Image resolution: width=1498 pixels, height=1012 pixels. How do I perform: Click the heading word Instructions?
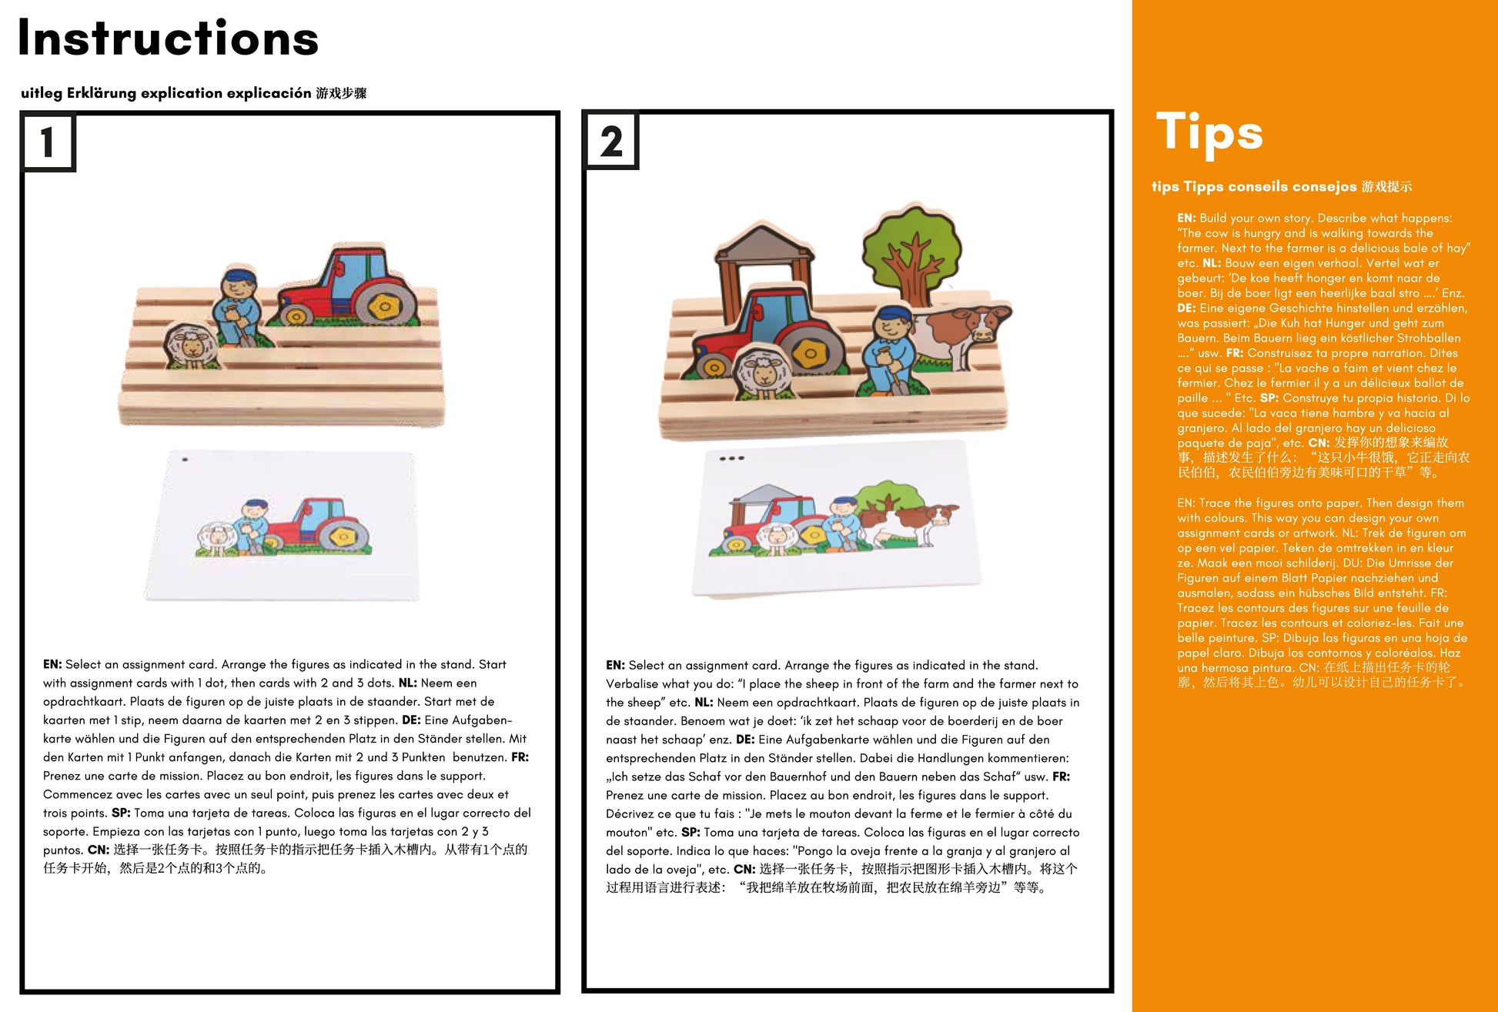tap(168, 38)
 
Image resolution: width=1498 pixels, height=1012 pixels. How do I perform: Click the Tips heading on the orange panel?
tap(1209, 132)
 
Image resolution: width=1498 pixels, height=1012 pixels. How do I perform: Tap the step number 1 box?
tap(48, 142)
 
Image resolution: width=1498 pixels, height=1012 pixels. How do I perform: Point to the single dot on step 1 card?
tap(185, 460)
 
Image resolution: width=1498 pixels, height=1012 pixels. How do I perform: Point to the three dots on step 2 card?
tap(731, 459)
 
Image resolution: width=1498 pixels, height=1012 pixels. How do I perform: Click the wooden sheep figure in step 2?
tap(764, 373)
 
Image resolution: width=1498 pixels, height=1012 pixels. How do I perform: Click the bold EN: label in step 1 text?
tap(52, 664)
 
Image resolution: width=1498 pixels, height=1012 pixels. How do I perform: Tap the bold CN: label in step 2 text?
tap(744, 869)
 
